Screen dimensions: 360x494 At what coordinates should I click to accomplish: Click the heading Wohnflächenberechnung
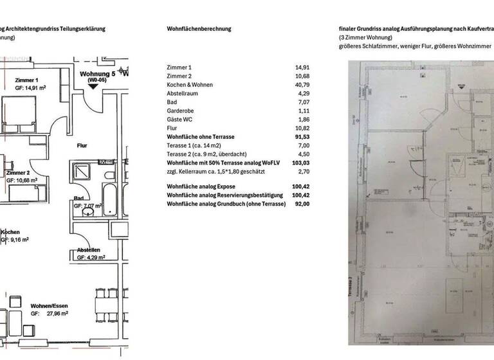(198, 29)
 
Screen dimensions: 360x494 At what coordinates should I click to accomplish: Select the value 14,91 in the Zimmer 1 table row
(302, 67)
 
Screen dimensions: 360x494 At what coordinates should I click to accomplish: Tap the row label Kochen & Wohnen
(191, 85)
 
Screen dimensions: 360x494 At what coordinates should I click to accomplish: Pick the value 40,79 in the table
(302, 85)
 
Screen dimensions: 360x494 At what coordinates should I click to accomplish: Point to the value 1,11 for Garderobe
(304, 111)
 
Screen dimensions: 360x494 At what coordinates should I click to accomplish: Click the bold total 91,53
(302, 137)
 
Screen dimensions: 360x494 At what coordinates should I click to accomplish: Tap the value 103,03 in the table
(300, 164)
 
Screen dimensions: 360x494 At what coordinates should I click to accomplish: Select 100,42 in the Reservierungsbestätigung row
(300, 194)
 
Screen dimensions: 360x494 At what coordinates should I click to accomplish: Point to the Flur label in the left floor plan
(82, 145)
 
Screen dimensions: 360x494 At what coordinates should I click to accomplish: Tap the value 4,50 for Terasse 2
(304, 155)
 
